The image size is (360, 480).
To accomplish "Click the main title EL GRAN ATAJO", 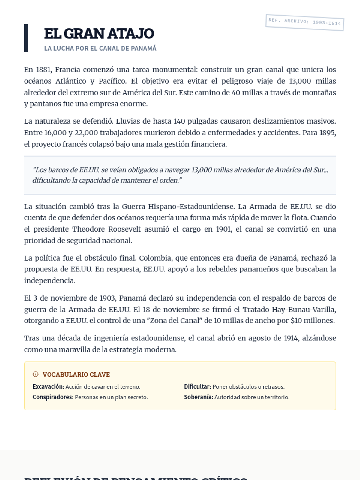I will coord(99,34).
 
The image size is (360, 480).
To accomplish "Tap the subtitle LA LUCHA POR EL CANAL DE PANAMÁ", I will coord(100,49).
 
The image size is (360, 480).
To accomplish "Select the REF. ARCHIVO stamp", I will coord(304,22).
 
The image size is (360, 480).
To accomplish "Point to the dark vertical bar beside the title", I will coord(26,38).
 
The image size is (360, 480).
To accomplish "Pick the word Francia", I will coord(67,70).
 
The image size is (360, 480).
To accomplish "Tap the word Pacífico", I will coord(112,81).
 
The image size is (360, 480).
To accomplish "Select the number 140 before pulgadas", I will coord(179,121).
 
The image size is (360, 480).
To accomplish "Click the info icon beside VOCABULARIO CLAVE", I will coord(36,374).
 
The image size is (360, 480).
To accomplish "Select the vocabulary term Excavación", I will coord(48,387).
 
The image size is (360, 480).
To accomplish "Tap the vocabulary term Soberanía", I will coord(199,397).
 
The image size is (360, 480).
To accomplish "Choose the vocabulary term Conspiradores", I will coord(53,397).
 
